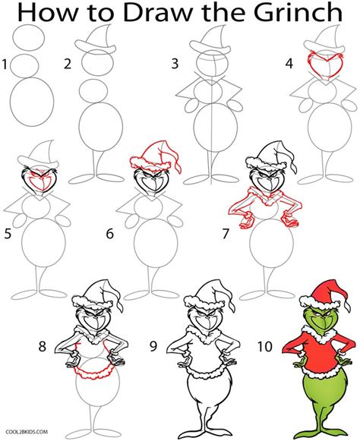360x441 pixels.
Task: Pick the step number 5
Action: point(8,235)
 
